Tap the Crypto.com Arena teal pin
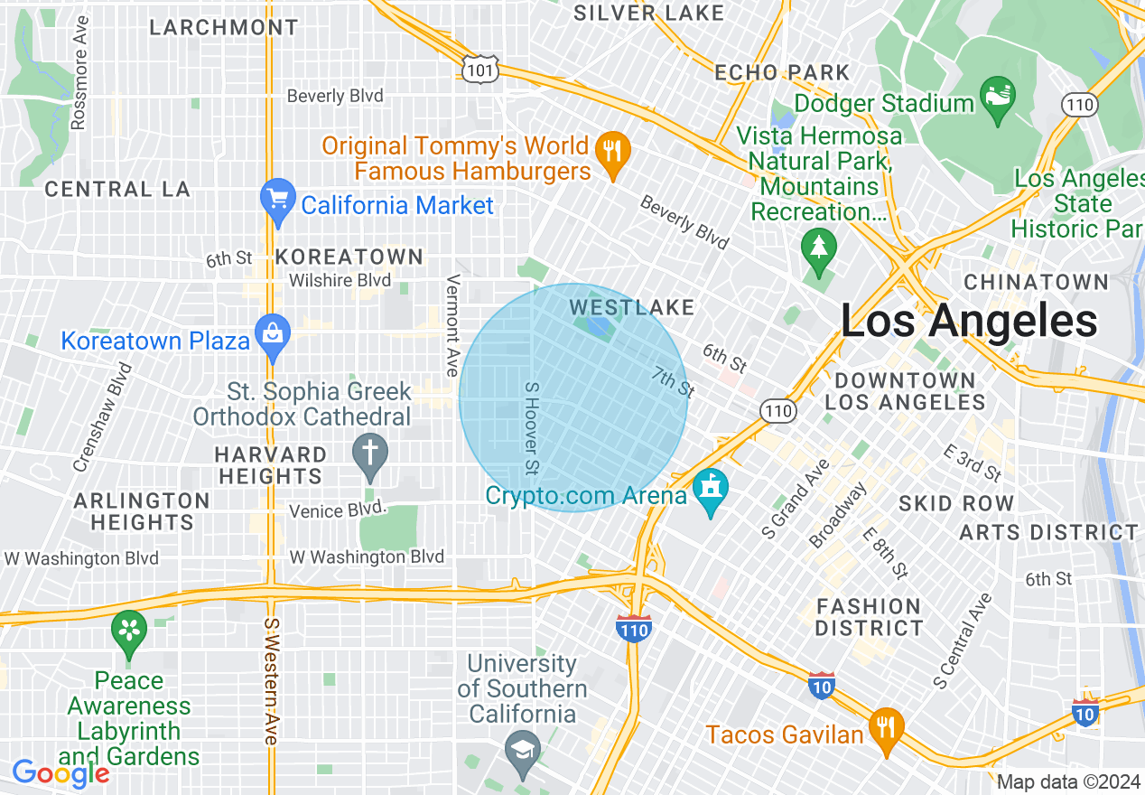(711, 492)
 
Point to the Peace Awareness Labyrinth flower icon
(129, 631)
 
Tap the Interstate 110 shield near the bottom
(634, 628)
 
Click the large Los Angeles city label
(968, 321)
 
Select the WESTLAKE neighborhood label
(632, 308)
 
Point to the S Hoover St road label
(532, 427)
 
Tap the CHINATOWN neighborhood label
(1036, 282)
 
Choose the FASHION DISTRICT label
(869, 616)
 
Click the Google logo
(60, 773)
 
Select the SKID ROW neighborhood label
(956, 503)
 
